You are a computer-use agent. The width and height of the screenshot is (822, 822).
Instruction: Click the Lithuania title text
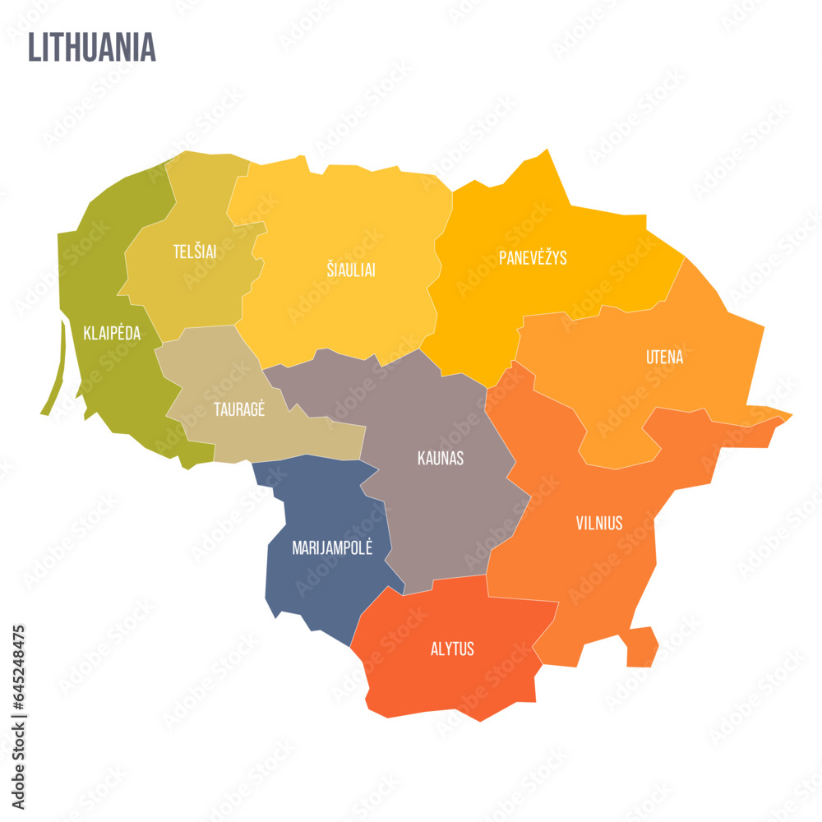(91, 48)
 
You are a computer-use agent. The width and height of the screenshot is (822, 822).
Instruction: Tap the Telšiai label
(195, 252)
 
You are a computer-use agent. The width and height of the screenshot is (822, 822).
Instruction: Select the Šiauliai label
(350, 270)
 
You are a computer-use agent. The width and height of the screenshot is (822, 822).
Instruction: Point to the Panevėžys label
(533, 258)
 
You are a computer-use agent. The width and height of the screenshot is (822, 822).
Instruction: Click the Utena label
(664, 358)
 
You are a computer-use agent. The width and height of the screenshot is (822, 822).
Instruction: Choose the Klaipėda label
(112, 334)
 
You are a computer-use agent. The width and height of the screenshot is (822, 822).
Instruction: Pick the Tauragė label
(239, 409)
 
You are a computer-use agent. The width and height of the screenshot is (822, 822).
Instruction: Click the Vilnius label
(598, 523)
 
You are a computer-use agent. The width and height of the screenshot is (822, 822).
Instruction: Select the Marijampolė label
(332, 548)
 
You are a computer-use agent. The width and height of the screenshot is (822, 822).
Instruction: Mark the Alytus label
(452, 649)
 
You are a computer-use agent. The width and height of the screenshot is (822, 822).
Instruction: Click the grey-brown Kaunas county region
(444, 510)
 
